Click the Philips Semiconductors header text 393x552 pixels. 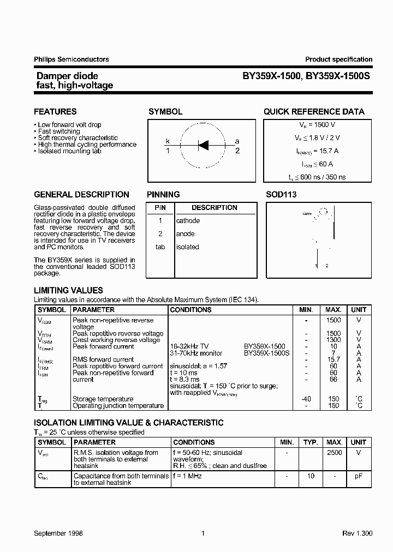72,59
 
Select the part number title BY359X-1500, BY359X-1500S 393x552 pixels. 306,77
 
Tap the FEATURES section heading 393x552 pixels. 55,112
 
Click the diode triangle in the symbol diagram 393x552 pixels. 203,145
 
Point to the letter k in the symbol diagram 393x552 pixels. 168,141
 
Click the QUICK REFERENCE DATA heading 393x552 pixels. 314,112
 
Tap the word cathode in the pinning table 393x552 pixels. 188,221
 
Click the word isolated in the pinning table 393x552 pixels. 187,247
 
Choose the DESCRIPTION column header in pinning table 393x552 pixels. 214,208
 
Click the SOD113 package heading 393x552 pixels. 281,195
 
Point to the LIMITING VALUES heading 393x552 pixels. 68,291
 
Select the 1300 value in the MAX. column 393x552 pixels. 333,340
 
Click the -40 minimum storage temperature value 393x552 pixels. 306,399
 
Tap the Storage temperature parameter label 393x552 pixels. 103,399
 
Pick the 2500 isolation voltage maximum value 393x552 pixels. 334,453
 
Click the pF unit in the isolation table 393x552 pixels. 359,476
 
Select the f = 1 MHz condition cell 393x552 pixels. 188,476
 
